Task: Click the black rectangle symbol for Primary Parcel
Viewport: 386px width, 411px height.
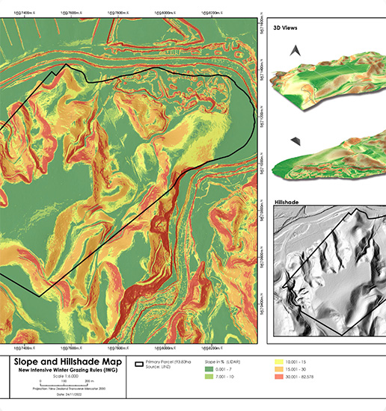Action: [x=140, y=364]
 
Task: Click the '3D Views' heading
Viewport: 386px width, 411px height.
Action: [x=287, y=27]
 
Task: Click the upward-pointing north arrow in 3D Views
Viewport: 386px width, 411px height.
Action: [x=297, y=50]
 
